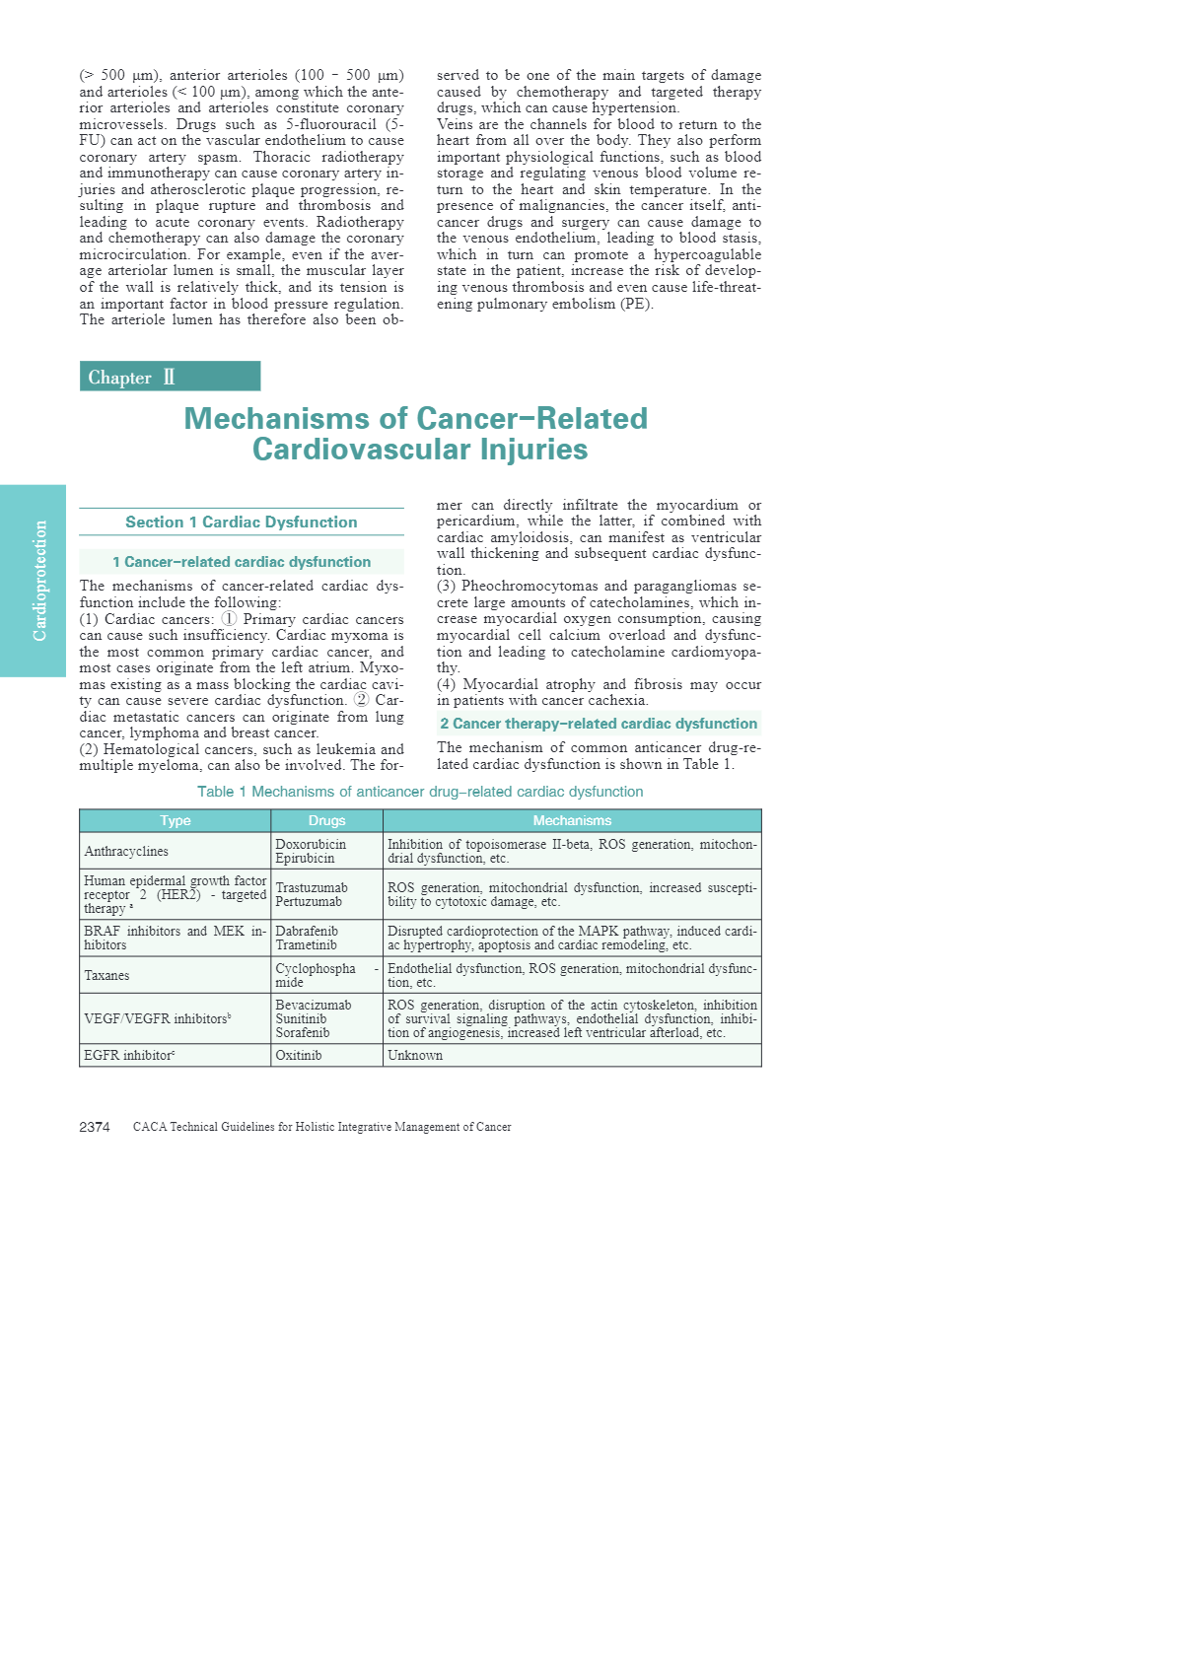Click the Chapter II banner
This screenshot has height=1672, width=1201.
coord(170,377)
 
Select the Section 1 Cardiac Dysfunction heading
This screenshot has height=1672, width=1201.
coord(241,522)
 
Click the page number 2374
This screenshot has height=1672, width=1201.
coord(95,1127)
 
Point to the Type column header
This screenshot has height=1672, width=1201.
coord(176,820)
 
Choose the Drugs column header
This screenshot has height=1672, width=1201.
coord(326,820)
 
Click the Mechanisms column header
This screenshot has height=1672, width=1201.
coord(572,820)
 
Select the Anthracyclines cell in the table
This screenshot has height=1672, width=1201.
coord(126,851)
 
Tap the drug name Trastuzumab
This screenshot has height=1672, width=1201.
coord(312,887)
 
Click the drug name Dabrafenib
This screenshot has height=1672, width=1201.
coord(307,931)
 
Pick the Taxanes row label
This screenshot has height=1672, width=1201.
coord(106,975)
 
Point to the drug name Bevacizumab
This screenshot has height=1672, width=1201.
coord(314,1005)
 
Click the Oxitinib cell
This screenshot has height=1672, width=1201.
coord(299,1055)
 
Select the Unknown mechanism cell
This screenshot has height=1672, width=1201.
coord(415,1055)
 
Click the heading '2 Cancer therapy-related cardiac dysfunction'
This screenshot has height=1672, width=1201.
coord(599,724)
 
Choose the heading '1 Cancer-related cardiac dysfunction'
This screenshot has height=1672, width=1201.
coord(242,562)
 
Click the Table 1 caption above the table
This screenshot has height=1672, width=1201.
coord(420,792)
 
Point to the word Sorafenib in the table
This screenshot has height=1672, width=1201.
coord(303,1032)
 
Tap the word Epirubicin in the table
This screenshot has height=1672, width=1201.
coord(305,858)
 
